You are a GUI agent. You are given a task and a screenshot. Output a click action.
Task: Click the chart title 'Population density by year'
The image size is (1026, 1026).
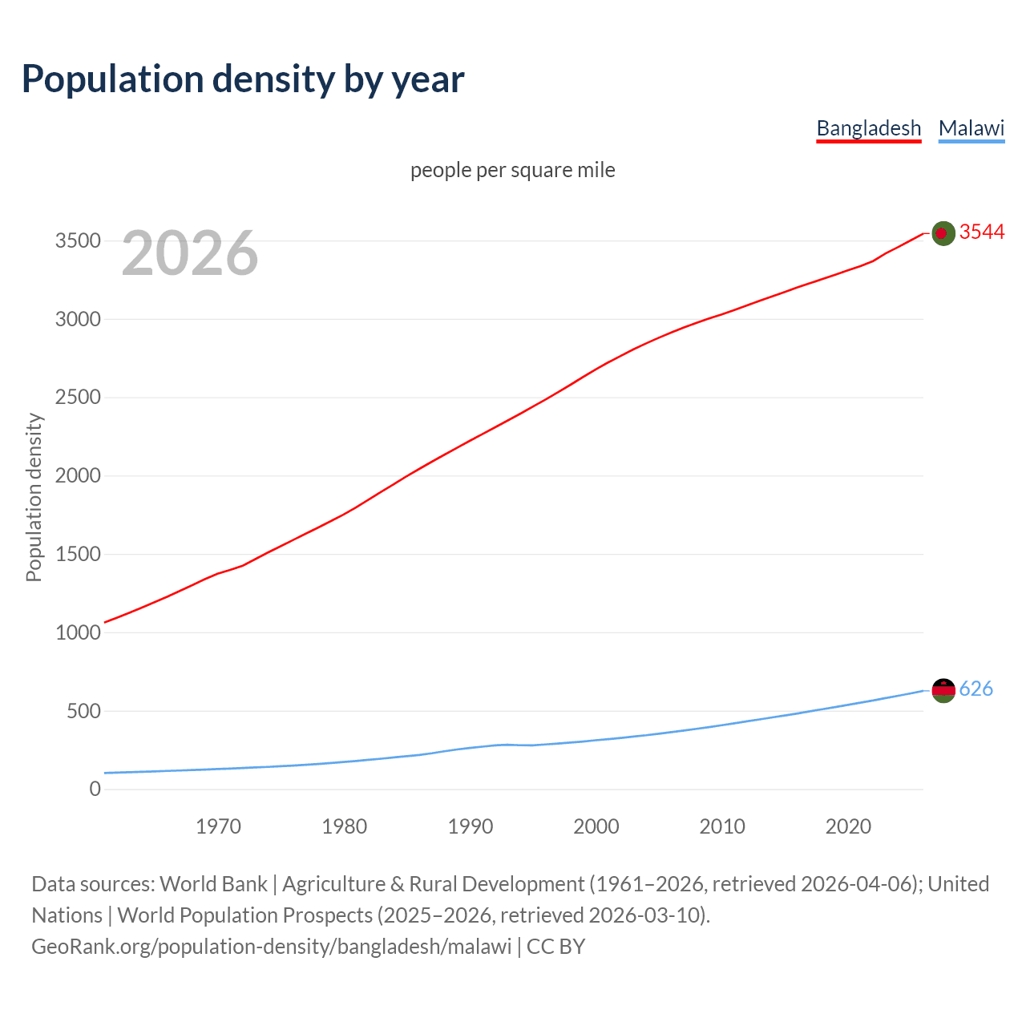[x=243, y=79]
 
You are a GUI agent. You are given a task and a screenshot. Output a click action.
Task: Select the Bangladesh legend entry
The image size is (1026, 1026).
[x=869, y=128]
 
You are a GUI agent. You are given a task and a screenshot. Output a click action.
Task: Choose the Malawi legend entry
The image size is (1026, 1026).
[x=971, y=128]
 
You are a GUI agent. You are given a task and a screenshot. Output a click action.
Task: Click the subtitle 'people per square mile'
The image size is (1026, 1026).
[x=513, y=170]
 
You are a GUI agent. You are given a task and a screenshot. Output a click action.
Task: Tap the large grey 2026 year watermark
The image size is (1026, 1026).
[x=190, y=253]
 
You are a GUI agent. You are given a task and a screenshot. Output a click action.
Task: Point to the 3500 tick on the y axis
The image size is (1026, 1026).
[x=78, y=241]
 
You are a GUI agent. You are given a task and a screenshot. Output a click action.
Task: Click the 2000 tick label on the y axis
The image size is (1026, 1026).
[x=78, y=476]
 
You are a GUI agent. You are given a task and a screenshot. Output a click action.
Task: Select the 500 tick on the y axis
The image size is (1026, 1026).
[x=83, y=711]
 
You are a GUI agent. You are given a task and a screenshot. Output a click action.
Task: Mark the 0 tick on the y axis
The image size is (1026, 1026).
[x=95, y=790]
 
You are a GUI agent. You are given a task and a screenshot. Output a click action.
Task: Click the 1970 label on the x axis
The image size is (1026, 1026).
[x=218, y=826]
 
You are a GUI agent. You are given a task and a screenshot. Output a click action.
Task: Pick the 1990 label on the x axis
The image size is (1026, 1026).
[x=471, y=826]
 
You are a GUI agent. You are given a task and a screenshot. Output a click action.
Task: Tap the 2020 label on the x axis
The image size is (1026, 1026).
[x=848, y=826]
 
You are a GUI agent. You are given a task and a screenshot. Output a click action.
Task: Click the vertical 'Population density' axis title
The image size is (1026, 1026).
[x=34, y=497]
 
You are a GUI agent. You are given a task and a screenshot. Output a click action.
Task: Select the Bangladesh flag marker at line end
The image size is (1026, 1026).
[x=943, y=233]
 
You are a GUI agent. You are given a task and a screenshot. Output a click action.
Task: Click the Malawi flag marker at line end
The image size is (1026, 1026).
[x=943, y=690]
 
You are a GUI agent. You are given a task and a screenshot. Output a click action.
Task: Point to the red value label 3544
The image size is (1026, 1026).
[x=982, y=232]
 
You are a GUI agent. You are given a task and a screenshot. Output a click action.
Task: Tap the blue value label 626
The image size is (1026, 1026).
[x=976, y=689]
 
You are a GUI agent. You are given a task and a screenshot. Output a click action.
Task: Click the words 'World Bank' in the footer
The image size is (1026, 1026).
[x=213, y=884]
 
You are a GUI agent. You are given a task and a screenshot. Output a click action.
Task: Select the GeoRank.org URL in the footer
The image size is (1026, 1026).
[x=271, y=947]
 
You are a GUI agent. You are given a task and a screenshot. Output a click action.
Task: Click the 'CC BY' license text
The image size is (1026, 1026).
[x=555, y=947]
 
